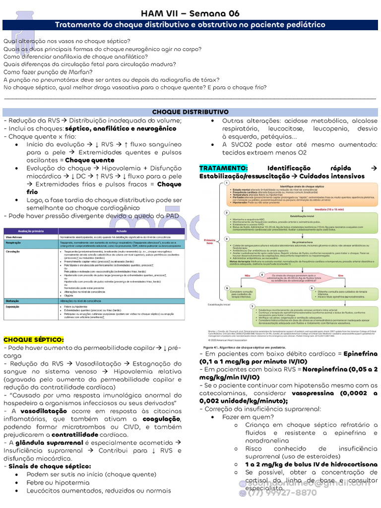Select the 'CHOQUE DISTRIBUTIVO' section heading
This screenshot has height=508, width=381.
tap(190, 112)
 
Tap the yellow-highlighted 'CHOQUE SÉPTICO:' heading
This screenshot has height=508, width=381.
tap(34, 339)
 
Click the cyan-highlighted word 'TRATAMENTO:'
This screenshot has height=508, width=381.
tap(223, 168)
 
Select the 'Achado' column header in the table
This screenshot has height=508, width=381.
tap(122, 231)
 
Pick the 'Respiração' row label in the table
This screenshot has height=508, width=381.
tap(14, 244)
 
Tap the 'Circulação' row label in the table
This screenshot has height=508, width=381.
tap(14, 252)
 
